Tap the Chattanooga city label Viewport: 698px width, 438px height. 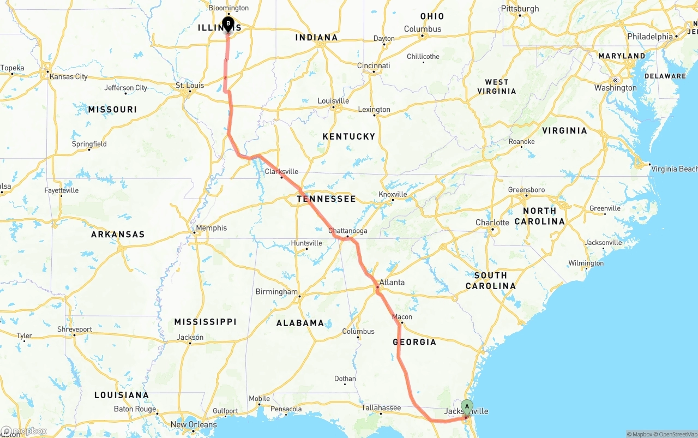coord(348,231)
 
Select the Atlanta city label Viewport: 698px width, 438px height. coord(392,282)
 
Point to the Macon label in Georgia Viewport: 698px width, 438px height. coord(402,317)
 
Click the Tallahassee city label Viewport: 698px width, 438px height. coord(381,407)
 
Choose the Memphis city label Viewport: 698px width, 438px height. coord(212,228)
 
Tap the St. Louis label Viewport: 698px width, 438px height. coord(190,85)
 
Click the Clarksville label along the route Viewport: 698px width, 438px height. coord(281,171)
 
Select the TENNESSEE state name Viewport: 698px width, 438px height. coord(326,199)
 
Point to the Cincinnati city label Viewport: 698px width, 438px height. coord(374,65)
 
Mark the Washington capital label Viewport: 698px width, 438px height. coord(615,87)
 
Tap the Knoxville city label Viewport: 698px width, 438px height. coord(393,194)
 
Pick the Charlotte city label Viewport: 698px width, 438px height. coord(492,223)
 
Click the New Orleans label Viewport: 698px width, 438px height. coord(194,424)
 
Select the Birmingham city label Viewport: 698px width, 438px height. coord(276,292)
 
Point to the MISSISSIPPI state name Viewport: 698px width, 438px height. coord(205,322)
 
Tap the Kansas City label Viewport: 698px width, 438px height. coord(69,76)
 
